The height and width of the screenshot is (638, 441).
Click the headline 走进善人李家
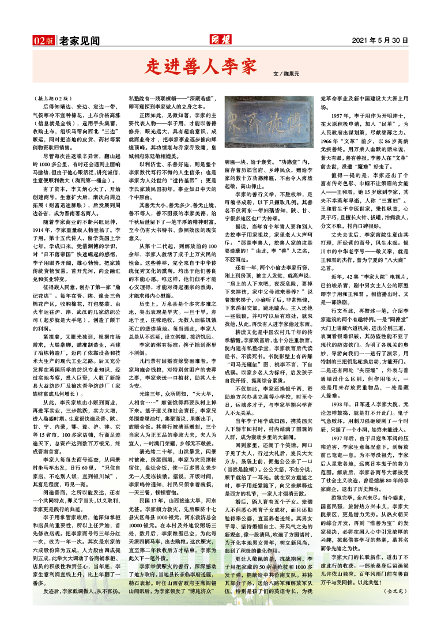click(x=199, y=66)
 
